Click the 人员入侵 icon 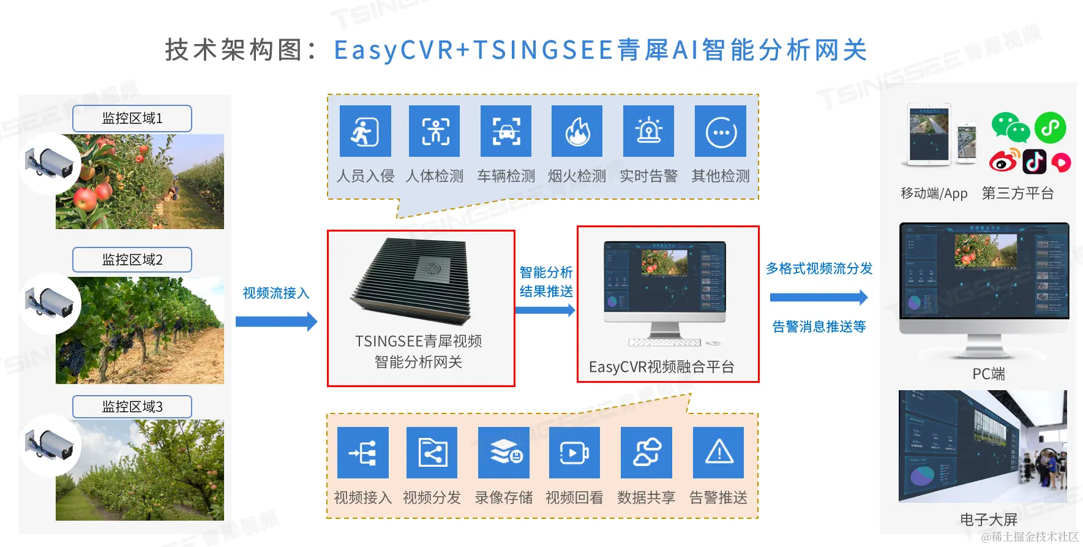tap(365, 131)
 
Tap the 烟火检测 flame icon tap(577, 131)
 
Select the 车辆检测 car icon tap(506, 131)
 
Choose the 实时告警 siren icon tap(648, 131)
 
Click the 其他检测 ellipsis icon tap(721, 131)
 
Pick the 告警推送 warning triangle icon tap(718, 453)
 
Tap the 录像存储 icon tap(504, 453)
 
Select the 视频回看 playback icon tap(574, 453)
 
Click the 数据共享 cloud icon tap(646, 453)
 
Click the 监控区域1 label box tap(132, 118)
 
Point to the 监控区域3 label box tap(132, 407)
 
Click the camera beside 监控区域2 tap(49, 304)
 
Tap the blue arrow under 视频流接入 tap(276, 322)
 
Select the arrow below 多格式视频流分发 tap(819, 298)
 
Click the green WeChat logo tap(1010, 127)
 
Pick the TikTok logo tap(1035, 162)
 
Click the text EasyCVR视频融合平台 tap(661, 367)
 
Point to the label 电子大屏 tap(988, 519)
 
